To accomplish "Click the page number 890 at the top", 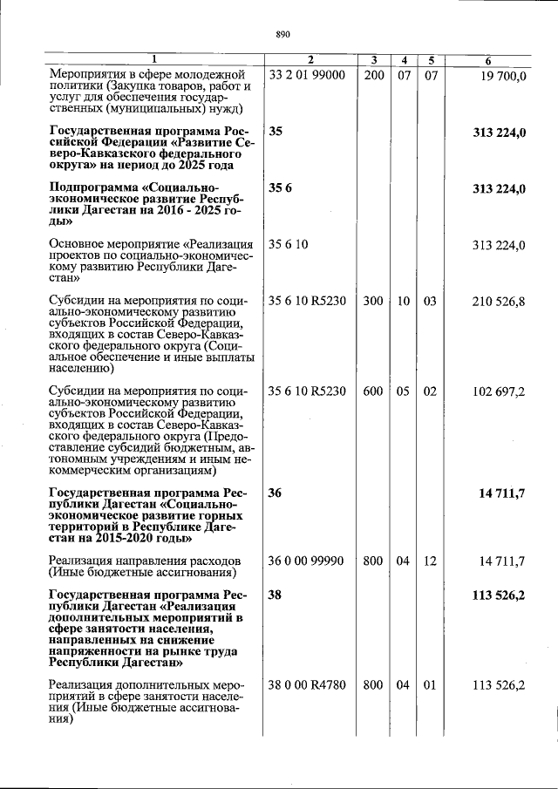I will tap(282, 35).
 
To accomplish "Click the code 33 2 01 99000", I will tap(308, 76).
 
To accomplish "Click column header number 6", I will tap(489, 60).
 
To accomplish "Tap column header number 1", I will tap(155, 60).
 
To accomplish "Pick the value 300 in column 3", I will tap(373, 301).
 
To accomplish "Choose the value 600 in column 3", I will tap(373, 391).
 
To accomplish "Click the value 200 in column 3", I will tap(373, 76).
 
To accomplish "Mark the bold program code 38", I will tap(276, 595).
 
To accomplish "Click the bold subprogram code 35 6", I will tap(280, 188).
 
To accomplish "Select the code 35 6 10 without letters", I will tap(288, 244).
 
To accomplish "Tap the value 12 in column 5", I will tap(430, 561).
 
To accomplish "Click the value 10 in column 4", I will tap(403, 301).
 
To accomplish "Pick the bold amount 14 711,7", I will tap(501, 494).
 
